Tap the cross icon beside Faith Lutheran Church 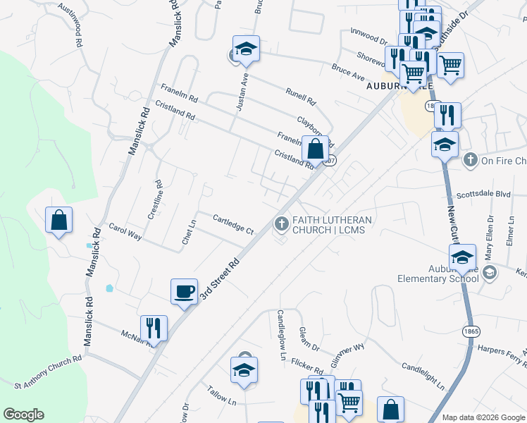pos(281,225)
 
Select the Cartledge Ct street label pos(232,224)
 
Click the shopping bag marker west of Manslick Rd pos(59,219)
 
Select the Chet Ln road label pos(187,232)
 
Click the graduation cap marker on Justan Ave pos(246,49)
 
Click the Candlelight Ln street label pos(423,376)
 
